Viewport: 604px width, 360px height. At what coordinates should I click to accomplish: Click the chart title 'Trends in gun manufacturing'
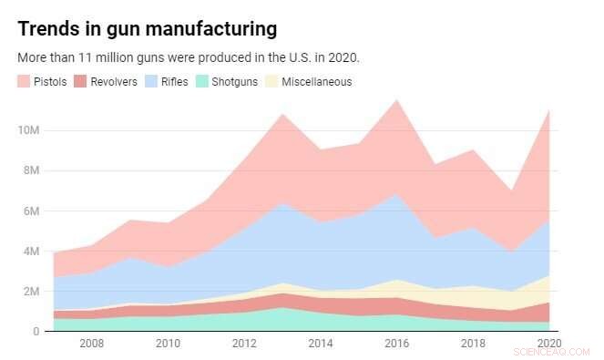tap(147, 29)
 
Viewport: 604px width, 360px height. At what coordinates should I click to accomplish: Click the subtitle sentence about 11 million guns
tap(189, 57)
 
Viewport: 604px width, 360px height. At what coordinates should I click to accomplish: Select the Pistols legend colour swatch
tap(25, 82)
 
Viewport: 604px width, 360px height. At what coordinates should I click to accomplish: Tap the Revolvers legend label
tap(113, 82)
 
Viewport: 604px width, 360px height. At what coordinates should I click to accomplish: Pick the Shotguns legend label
tap(235, 82)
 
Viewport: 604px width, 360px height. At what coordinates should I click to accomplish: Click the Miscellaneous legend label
tap(316, 82)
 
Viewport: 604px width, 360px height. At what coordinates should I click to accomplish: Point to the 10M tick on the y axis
tap(27, 130)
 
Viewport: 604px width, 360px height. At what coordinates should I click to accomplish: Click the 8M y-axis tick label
tap(30, 170)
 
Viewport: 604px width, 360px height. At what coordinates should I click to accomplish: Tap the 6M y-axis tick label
tap(30, 211)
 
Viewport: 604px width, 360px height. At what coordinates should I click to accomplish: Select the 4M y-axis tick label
tap(30, 251)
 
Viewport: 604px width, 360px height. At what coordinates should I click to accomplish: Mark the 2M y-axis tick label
tap(30, 291)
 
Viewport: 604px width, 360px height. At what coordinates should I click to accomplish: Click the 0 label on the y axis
tap(36, 331)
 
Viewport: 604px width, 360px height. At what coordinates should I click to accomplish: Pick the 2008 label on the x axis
tap(91, 344)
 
